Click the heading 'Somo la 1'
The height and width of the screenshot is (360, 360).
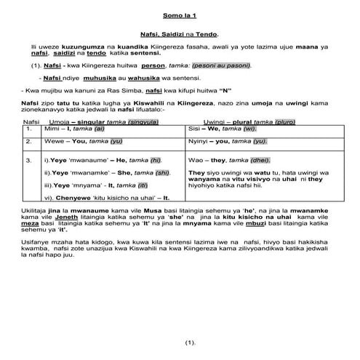click(x=180, y=15)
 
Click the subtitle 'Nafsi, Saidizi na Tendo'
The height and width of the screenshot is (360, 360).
click(x=180, y=35)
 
